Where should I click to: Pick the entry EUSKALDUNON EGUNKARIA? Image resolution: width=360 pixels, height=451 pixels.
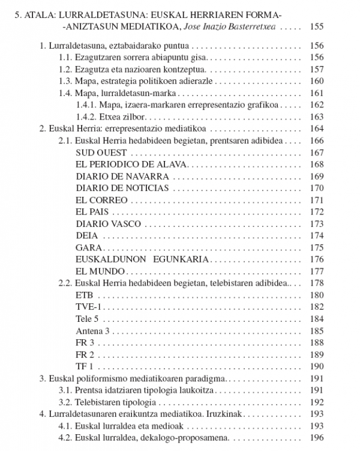click(x=142, y=259)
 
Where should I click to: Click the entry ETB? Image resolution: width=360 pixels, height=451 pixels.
click(x=85, y=295)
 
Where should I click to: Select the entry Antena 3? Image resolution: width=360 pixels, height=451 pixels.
click(x=93, y=331)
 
